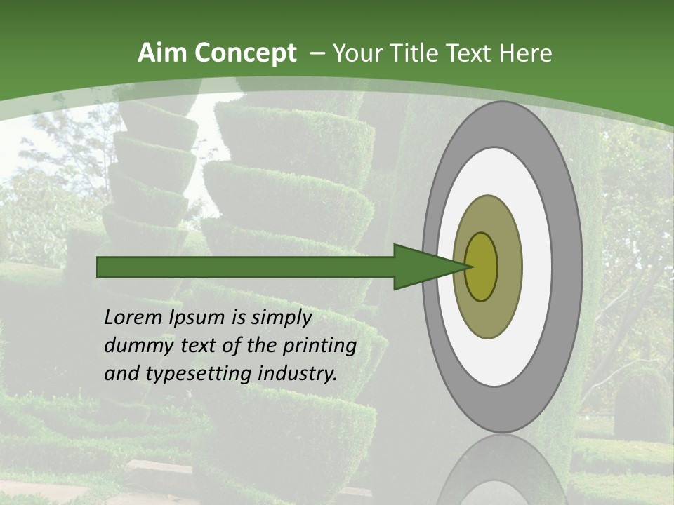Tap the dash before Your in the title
tap(317, 53)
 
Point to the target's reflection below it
tap(502, 473)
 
